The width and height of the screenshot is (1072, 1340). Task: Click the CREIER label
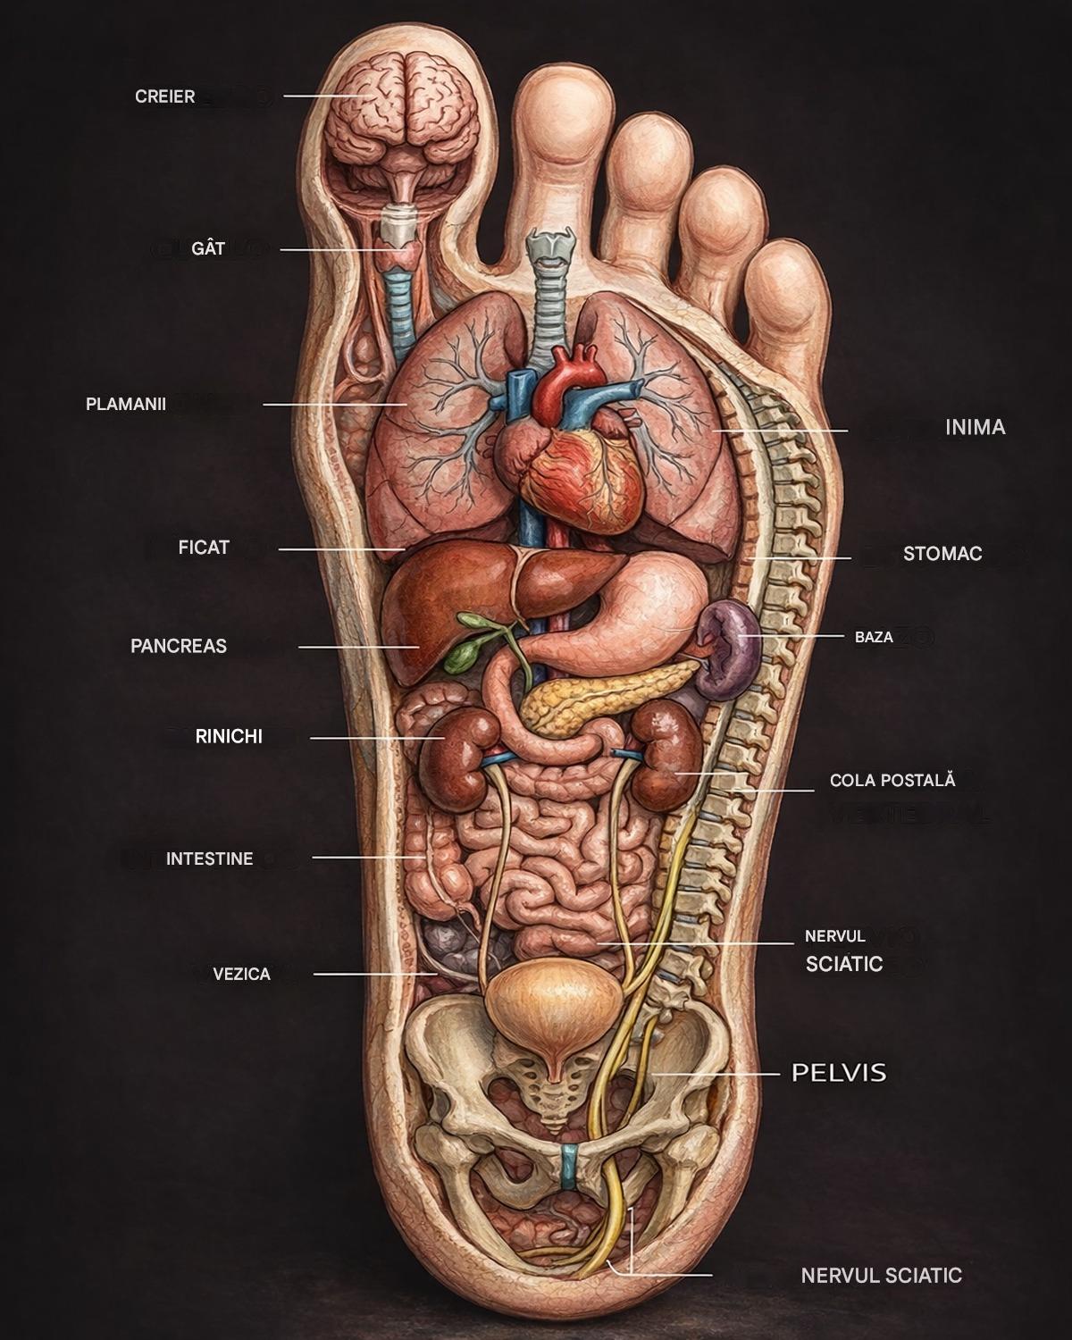[165, 96]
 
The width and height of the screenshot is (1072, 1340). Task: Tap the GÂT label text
[208, 248]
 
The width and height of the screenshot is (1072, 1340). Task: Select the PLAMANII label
[126, 404]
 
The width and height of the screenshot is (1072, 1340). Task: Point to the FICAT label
[204, 548]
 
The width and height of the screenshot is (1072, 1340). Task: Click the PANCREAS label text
[179, 646]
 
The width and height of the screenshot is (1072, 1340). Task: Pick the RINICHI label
[229, 737]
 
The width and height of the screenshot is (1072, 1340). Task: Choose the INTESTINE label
[210, 859]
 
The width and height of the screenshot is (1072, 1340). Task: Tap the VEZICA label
[241, 974]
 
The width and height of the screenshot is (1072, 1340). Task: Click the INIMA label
[976, 427]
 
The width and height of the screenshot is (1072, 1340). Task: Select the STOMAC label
[942, 554]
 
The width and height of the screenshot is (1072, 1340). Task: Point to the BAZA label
[874, 638]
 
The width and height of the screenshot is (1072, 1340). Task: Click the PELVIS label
[839, 1072]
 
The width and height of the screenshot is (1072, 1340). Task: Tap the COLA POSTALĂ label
[892, 780]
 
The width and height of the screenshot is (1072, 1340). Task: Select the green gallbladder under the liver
[462, 657]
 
